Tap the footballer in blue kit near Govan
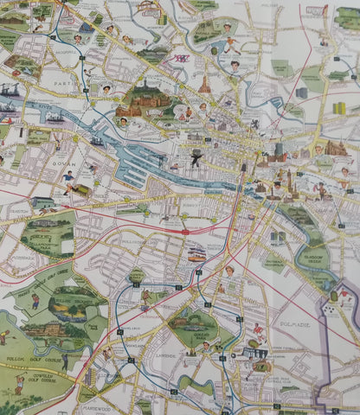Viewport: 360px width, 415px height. point(68,180)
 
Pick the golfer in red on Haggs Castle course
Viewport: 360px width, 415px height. point(35,302)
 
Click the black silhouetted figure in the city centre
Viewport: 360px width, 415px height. point(197,157)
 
